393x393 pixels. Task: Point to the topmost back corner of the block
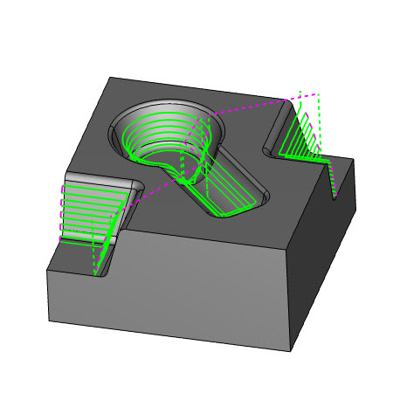click(x=107, y=79)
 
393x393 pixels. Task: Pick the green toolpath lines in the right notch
click(x=301, y=140)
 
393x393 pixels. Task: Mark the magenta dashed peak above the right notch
click(x=301, y=91)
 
